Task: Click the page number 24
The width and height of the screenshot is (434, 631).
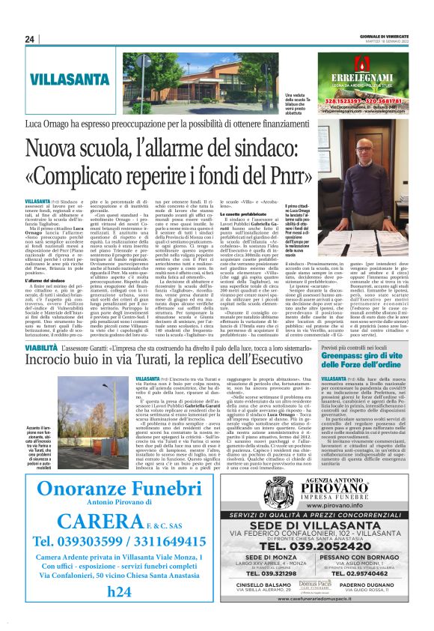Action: (30, 39)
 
